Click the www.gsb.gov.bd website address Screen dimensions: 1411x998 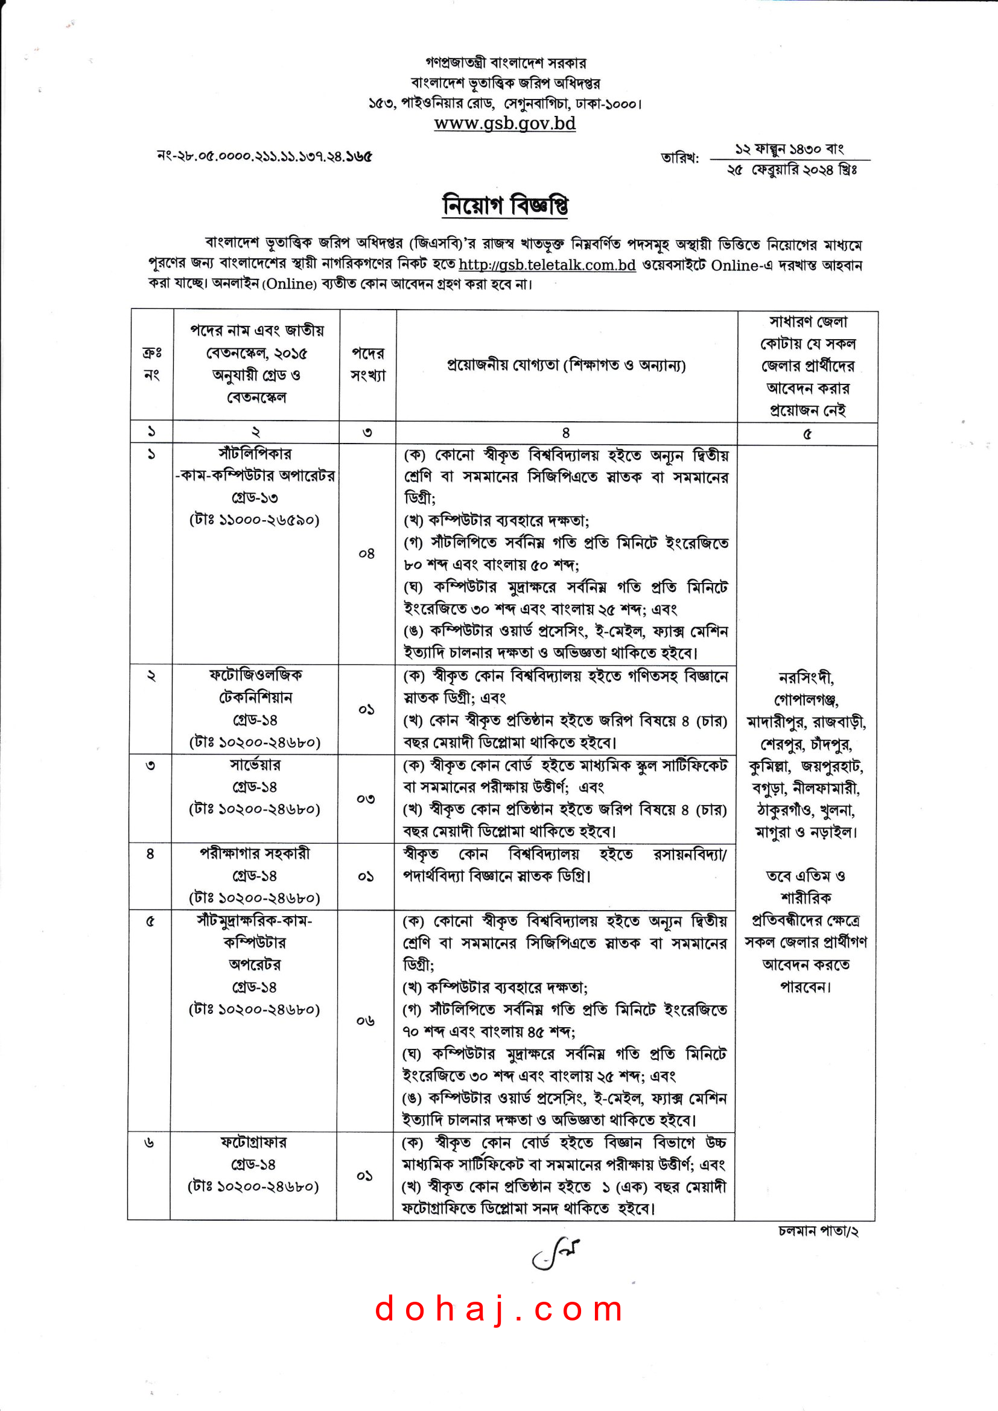tap(504, 123)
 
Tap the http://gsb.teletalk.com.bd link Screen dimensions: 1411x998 tap(547, 266)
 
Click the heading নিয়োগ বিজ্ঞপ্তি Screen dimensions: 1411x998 tap(505, 205)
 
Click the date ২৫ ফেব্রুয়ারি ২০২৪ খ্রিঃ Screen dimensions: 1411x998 tap(792, 170)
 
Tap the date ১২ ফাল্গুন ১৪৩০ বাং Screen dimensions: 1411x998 tap(789, 149)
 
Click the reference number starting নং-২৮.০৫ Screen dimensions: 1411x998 tap(265, 156)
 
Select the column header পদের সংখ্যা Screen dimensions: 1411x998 tap(367, 365)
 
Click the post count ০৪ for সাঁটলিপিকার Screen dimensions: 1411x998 tap(366, 553)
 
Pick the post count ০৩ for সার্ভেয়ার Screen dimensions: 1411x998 tap(365, 799)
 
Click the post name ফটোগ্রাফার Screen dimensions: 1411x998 tap(254, 1142)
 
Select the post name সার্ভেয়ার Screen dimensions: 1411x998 tap(255, 765)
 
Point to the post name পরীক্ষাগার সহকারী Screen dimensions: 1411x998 tap(255, 853)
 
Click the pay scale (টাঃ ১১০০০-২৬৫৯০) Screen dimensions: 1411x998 tap(255, 520)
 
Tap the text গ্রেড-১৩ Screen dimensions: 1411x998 tap(255, 497)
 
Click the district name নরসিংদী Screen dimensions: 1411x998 tap(806, 678)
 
